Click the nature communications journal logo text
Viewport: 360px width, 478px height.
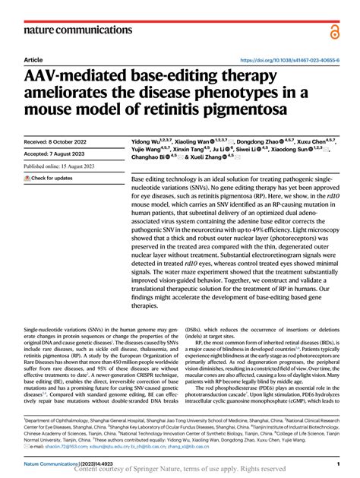[70, 30]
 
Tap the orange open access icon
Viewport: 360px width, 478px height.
[335, 30]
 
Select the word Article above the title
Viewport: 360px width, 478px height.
[33, 60]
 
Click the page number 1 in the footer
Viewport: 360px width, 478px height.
[336, 463]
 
